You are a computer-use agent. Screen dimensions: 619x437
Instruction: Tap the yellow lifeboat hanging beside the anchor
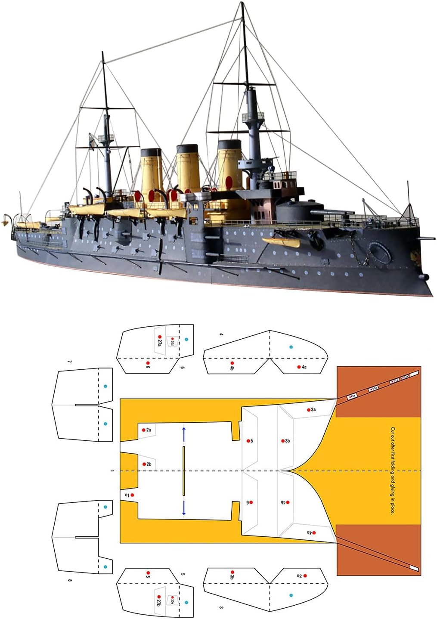pyautogui.click(x=282, y=241)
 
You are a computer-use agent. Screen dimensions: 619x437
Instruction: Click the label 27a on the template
pyautogui.click(x=160, y=342)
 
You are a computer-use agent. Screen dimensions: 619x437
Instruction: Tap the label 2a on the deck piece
pyautogui.click(x=149, y=430)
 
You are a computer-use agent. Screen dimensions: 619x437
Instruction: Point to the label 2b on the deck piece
pyautogui.click(x=149, y=464)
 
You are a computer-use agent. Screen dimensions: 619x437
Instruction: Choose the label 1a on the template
pyautogui.click(x=127, y=495)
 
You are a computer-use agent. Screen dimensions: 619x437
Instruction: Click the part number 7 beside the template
pyautogui.click(x=70, y=362)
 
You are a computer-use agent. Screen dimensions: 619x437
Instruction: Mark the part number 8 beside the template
pyautogui.click(x=70, y=580)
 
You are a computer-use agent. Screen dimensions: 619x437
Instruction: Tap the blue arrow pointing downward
pyautogui.click(x=184, y=508)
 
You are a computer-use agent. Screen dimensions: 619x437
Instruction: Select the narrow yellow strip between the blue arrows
pyautogui.click(x=184, y=470)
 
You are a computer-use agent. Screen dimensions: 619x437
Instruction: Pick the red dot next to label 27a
pyautogui.click(x=160, y=337)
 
